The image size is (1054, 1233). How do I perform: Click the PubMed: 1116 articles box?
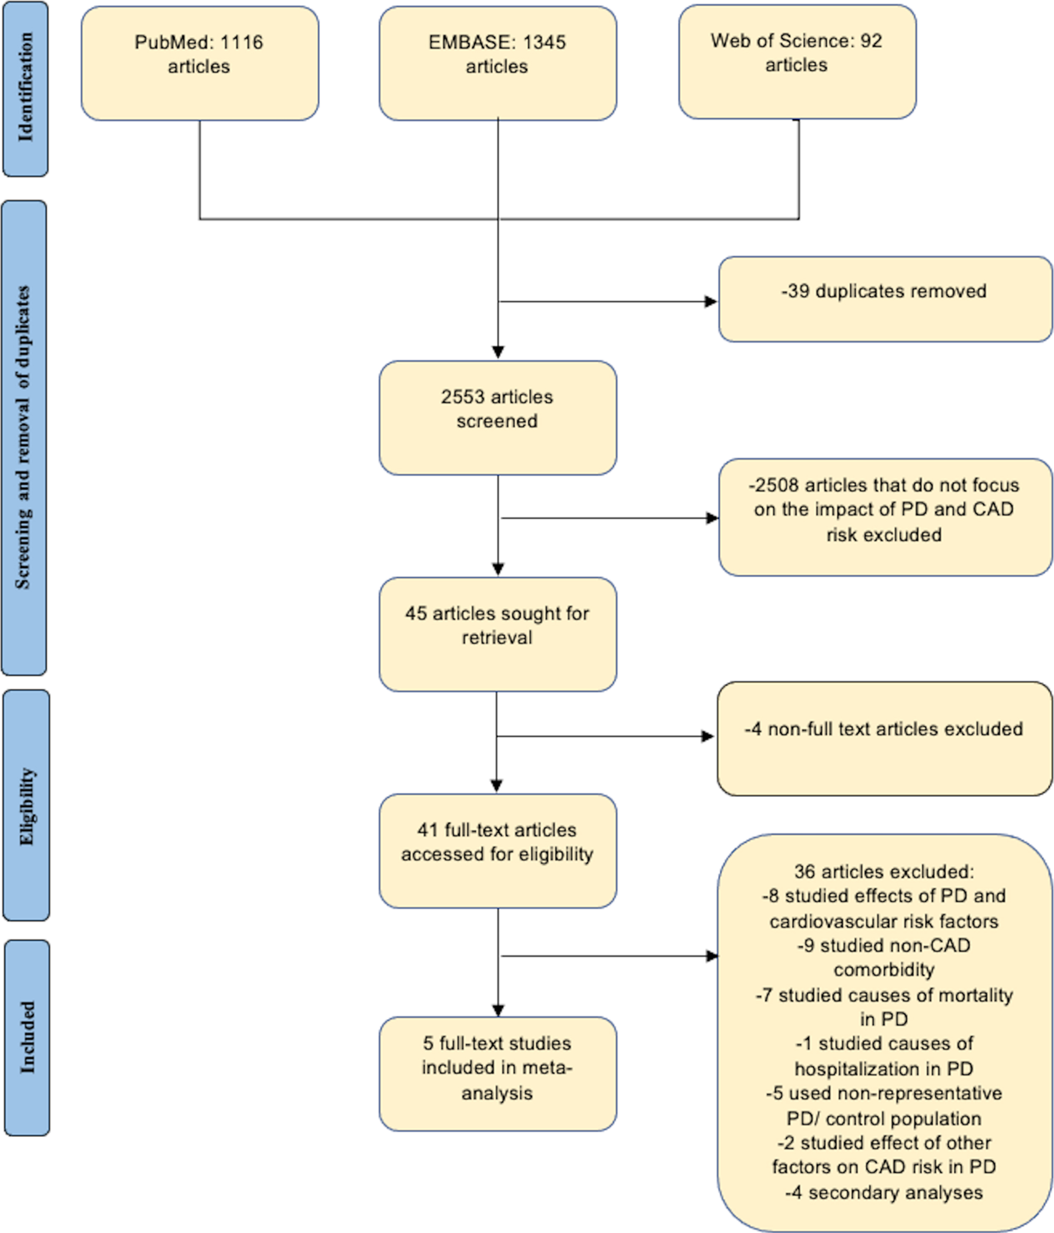pyautogui.click(x=200, y=64)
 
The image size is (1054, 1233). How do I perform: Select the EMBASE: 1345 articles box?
pyautogui.click(x=498, y=64)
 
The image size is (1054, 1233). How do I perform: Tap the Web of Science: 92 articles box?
pyautogui.click(x=798, y=62)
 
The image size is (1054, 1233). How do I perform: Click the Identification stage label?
pyautogui.click(x=26, y=89)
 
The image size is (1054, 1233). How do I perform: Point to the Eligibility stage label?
pyautogui.click(x=26, y=806)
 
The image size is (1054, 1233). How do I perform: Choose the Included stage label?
pyautogui.click(x=27, y=1037)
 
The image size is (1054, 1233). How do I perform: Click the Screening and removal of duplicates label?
pyautogui.click(x=24, y=438)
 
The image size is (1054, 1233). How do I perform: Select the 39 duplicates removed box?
pyautogui.click(x=885, y=299)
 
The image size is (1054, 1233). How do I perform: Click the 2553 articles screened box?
pyautogui.click(x=498, y=418)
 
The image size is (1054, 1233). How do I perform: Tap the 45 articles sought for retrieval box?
pyautogui.click(x=498, y=634)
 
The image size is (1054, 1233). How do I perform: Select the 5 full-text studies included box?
pyautogui.click(x=498, y=1074)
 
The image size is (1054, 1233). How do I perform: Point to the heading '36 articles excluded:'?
pyautogui.click(x=884, y=872)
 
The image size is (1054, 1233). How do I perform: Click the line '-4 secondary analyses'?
pyautogui.click(x=884, y=1192)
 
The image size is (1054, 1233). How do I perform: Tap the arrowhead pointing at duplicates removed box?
pyautogui.click(x=711, y=302)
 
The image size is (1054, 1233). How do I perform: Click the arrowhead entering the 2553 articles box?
pyautogui.click(x=498, y=352)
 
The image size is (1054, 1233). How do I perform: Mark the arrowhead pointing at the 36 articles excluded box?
pyautogui.click(x=712, y=956)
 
